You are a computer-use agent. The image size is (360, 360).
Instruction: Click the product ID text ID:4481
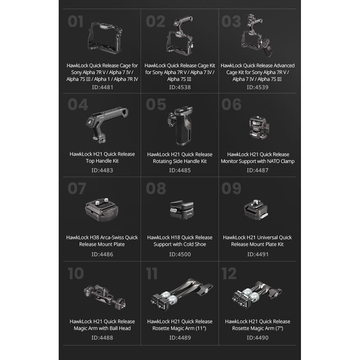tap(102, 87)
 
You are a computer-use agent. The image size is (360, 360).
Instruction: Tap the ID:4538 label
tap(180, 87)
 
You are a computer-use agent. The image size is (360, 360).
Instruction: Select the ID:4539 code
tap(257, 87)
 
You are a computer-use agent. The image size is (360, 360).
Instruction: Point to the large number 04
tap(78, 104)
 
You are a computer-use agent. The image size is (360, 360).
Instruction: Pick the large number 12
tap(229, 273)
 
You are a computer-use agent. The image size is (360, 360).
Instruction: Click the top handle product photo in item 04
tap(107, 124)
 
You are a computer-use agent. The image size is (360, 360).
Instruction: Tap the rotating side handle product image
tap(180, 126)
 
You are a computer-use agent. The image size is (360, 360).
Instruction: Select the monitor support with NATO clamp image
tap(259, 127)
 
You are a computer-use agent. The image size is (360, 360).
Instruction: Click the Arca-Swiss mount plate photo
tap(102, 209)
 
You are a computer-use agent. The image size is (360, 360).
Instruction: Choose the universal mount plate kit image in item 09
tap(256, 210)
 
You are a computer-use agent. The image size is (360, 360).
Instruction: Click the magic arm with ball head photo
tap(105, 296)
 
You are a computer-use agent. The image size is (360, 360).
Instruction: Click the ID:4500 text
tap(180, 254)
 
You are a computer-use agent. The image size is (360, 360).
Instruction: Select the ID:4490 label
tap(257, 338)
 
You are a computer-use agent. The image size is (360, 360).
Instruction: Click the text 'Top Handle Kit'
tap(102, 161)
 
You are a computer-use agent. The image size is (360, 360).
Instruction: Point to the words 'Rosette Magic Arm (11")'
tap(179, 328)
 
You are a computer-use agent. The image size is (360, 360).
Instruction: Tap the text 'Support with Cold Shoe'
tap(180, 244)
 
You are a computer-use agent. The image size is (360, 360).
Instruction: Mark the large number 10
tap(76, 273)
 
